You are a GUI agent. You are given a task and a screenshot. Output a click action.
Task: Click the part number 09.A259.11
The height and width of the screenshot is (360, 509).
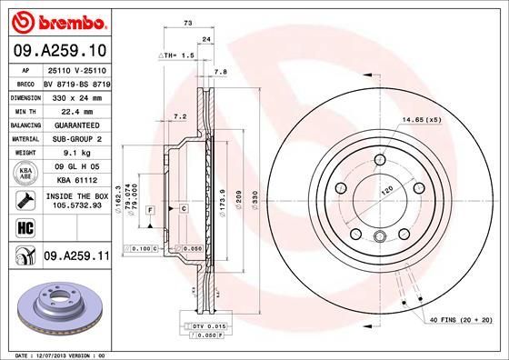point(76,258)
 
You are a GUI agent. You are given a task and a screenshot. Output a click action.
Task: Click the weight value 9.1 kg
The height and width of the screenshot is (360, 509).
point(76,154)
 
